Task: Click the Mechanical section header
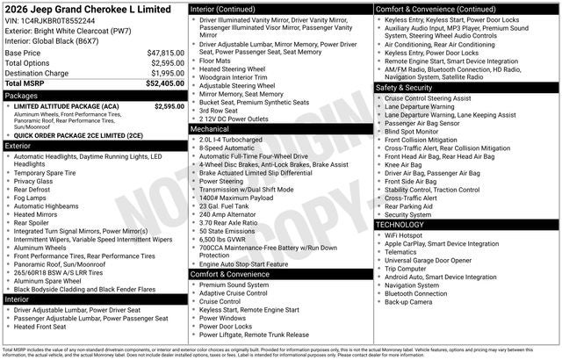tap(211, 128)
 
